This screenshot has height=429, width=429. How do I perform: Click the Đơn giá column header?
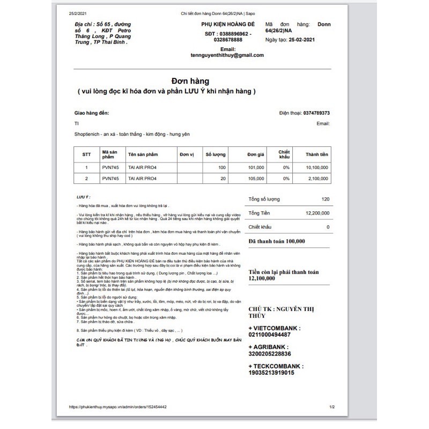(x=256, y=154)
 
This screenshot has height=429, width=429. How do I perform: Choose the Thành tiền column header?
(x=316, y=154)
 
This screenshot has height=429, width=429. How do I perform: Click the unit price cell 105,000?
(x=256, y=178)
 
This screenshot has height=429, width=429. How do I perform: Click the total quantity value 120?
(x=326, y=199)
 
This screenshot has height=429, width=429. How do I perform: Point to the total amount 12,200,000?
(x=318, y=213)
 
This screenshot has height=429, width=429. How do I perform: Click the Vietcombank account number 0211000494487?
(x=270, y=334)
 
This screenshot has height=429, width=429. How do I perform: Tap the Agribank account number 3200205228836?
(x=270, y=353)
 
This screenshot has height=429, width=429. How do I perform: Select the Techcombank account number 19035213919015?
(x=271, y=373)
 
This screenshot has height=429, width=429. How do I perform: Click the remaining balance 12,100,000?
(x=262, y=279)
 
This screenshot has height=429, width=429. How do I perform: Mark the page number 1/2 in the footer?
(x=332, y=407)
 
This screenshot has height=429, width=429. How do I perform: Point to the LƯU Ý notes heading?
(x=83, y=197)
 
